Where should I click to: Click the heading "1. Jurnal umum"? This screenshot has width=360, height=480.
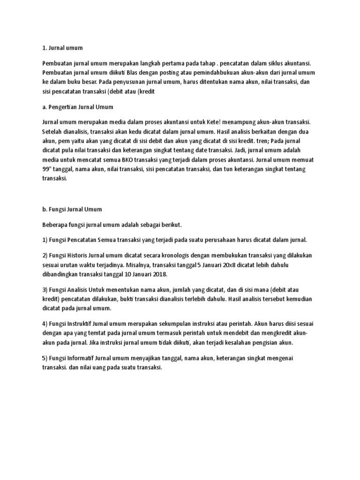62,47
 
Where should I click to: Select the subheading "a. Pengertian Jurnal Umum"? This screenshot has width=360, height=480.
77,107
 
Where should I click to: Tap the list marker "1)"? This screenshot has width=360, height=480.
45,240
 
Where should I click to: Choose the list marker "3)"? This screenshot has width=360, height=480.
45,290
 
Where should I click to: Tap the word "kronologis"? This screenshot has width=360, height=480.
168,255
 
